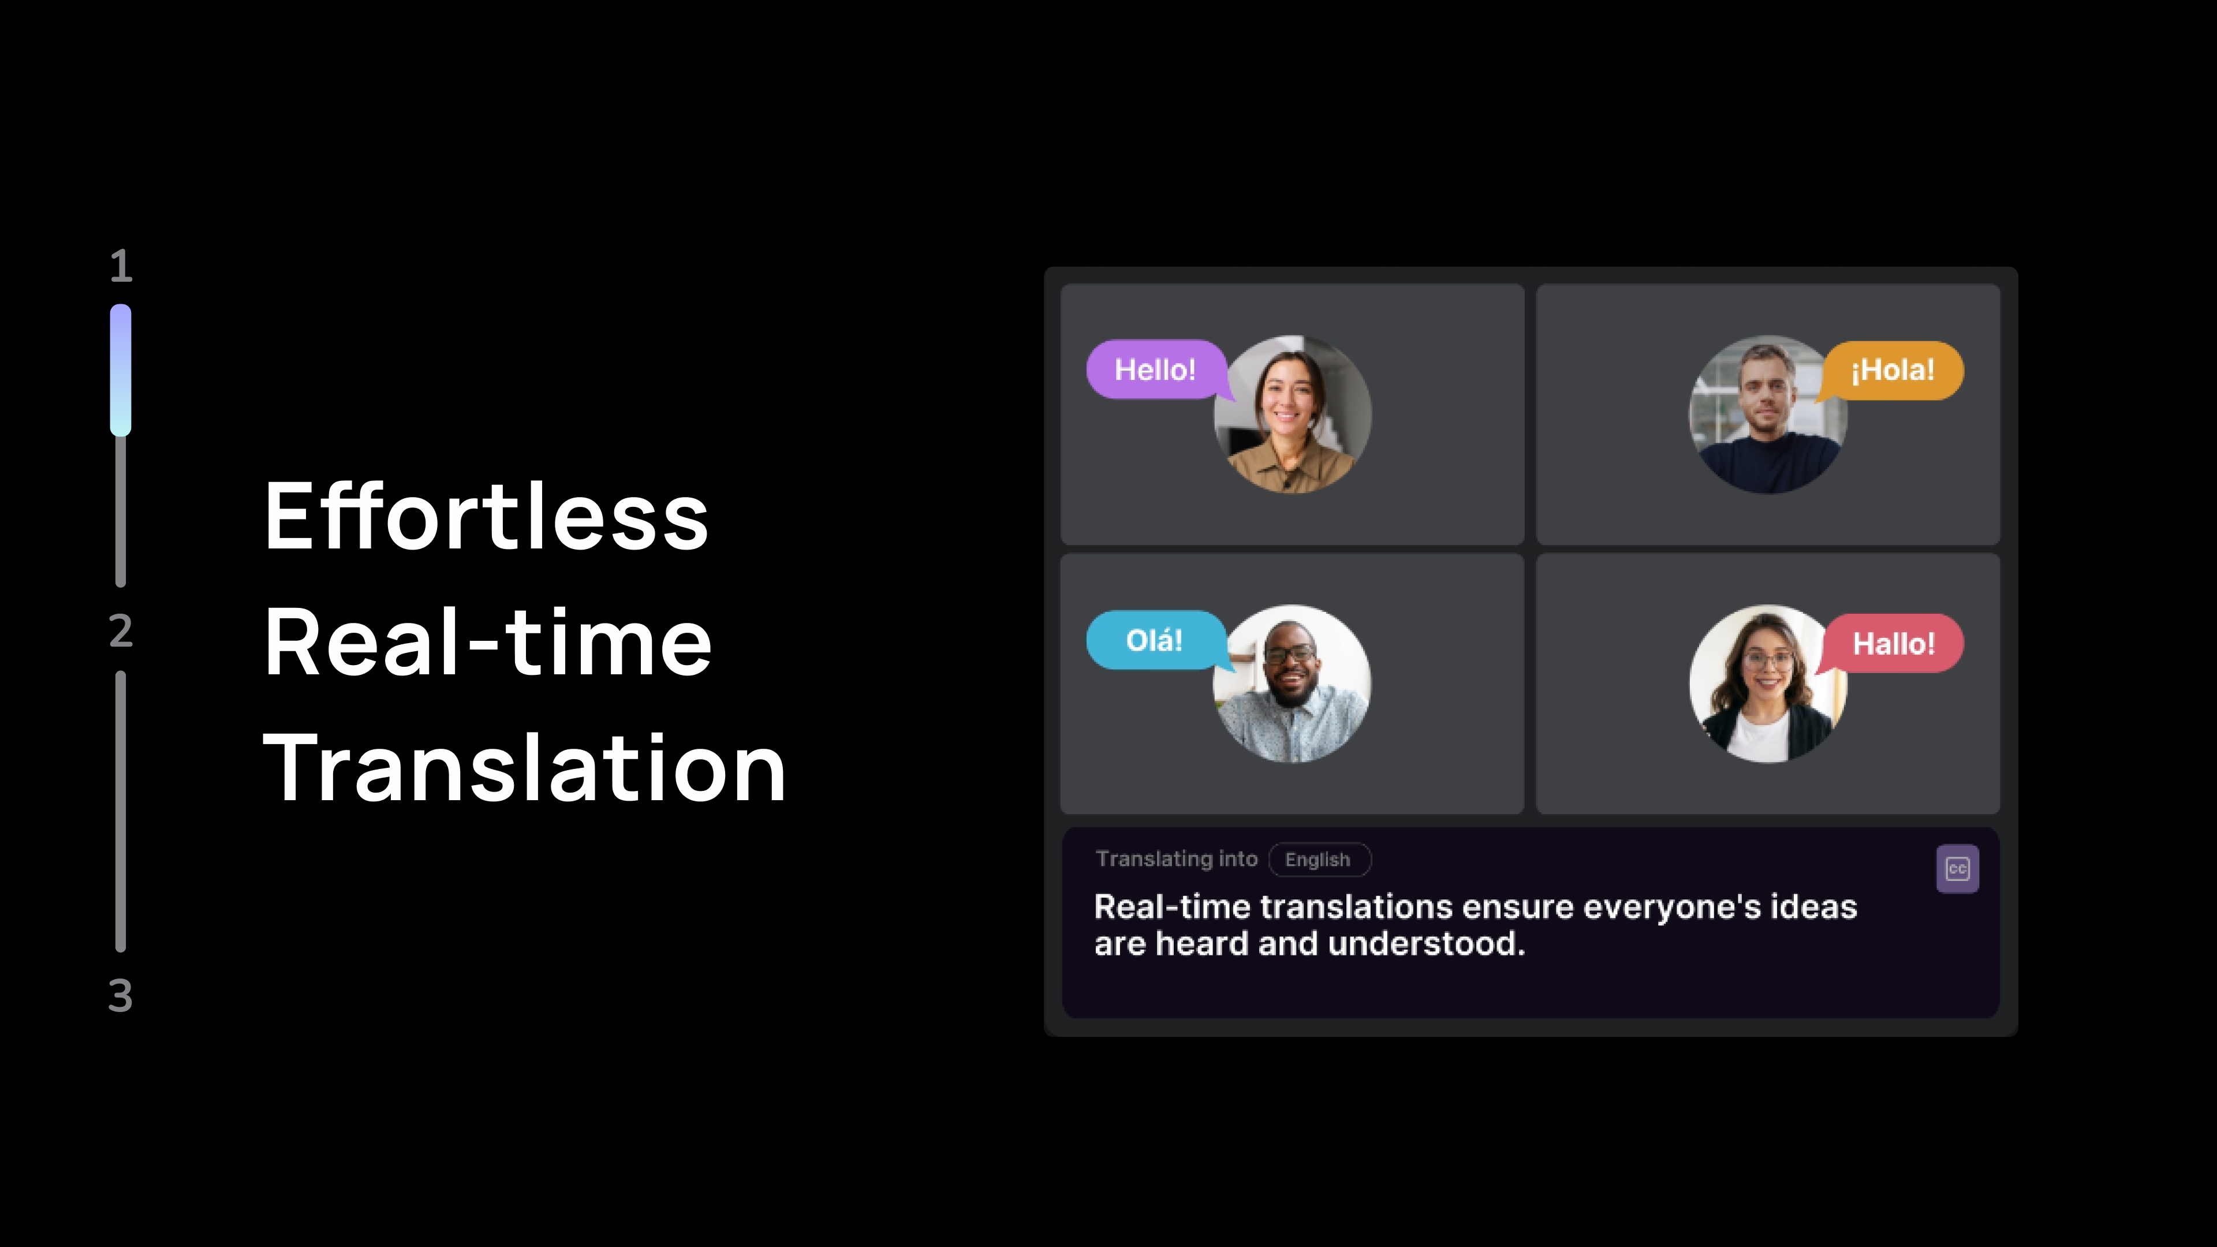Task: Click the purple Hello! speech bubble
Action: pyautogui.click(x=1155, y=370)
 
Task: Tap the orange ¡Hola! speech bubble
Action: pyautogui.click(x=1892, y=371)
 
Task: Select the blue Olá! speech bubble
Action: pyautogui.click(x=1155, y=640)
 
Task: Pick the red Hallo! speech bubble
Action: pyautogui.click(x=1893, y=644)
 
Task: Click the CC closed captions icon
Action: pyautogui.click(x=1957, y=869)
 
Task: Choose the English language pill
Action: pyautogui.click(x=1319, y=860)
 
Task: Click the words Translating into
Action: pyautogui.click(x=1177, y=859)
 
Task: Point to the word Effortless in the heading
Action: pyautogui.click(x=486, y=516)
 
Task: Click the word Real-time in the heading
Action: pyautogui.click(x=488, y=641)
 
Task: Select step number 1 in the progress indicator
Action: pyautogui.click(x=121, y=266)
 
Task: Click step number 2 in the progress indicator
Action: pyautogui.click(x=121, y=631)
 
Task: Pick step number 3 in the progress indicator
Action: pyautogui.click(x=121, y=996)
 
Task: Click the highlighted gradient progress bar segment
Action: pyautogui.click(x=121, y=370)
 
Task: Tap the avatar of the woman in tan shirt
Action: pyautogui.click(x=1293, y=414)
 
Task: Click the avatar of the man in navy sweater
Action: pyautogui.click(x=1768, y=414)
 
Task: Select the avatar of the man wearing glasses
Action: pyautogui.click(x=1292, y=684)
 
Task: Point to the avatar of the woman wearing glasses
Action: pyautogui.click(x=1768, y=684)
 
